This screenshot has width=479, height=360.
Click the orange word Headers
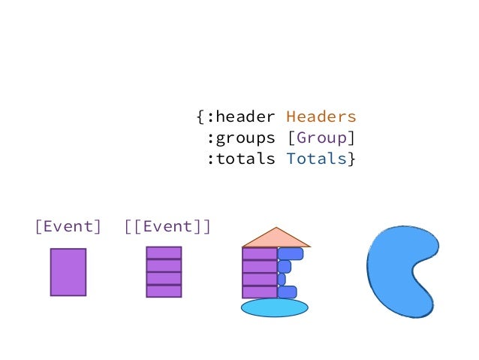coord(321,117)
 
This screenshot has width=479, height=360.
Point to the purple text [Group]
coord(321,138)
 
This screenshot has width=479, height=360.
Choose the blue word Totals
coord(315,159)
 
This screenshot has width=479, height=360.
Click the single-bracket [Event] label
coord(68,226)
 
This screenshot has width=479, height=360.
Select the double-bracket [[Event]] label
coord(167,226)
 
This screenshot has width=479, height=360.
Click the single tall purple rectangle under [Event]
coord(68,272)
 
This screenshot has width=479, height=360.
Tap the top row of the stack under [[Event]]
coord(163,253)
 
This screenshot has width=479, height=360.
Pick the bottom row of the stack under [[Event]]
coord(163,291)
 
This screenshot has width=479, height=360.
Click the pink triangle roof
coord(276,238)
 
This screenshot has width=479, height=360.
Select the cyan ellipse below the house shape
coord(274,307)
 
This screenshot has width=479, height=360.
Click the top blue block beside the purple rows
coord(291,253)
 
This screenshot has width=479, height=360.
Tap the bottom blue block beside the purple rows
coord(287,292)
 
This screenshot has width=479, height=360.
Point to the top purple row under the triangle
coord(260,253)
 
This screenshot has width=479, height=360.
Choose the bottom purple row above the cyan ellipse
coord(260,292)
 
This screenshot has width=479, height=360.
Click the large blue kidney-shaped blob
coord(394,271)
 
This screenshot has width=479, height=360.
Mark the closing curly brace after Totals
coord(352,159)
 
